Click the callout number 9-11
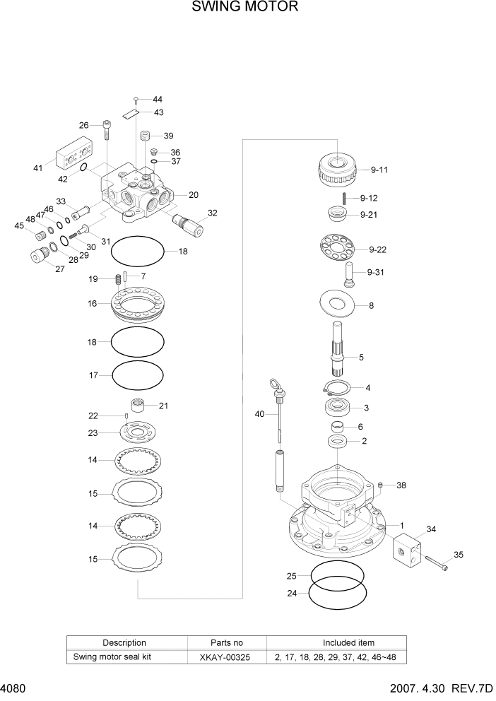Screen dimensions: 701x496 coord(379,170)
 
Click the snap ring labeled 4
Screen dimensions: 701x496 coord(336,387)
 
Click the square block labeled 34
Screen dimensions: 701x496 coord(406,548)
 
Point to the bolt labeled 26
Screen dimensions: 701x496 coord(106,131)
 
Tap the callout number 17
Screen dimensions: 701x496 coord(93,376)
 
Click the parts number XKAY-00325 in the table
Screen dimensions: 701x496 coord(227,657)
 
